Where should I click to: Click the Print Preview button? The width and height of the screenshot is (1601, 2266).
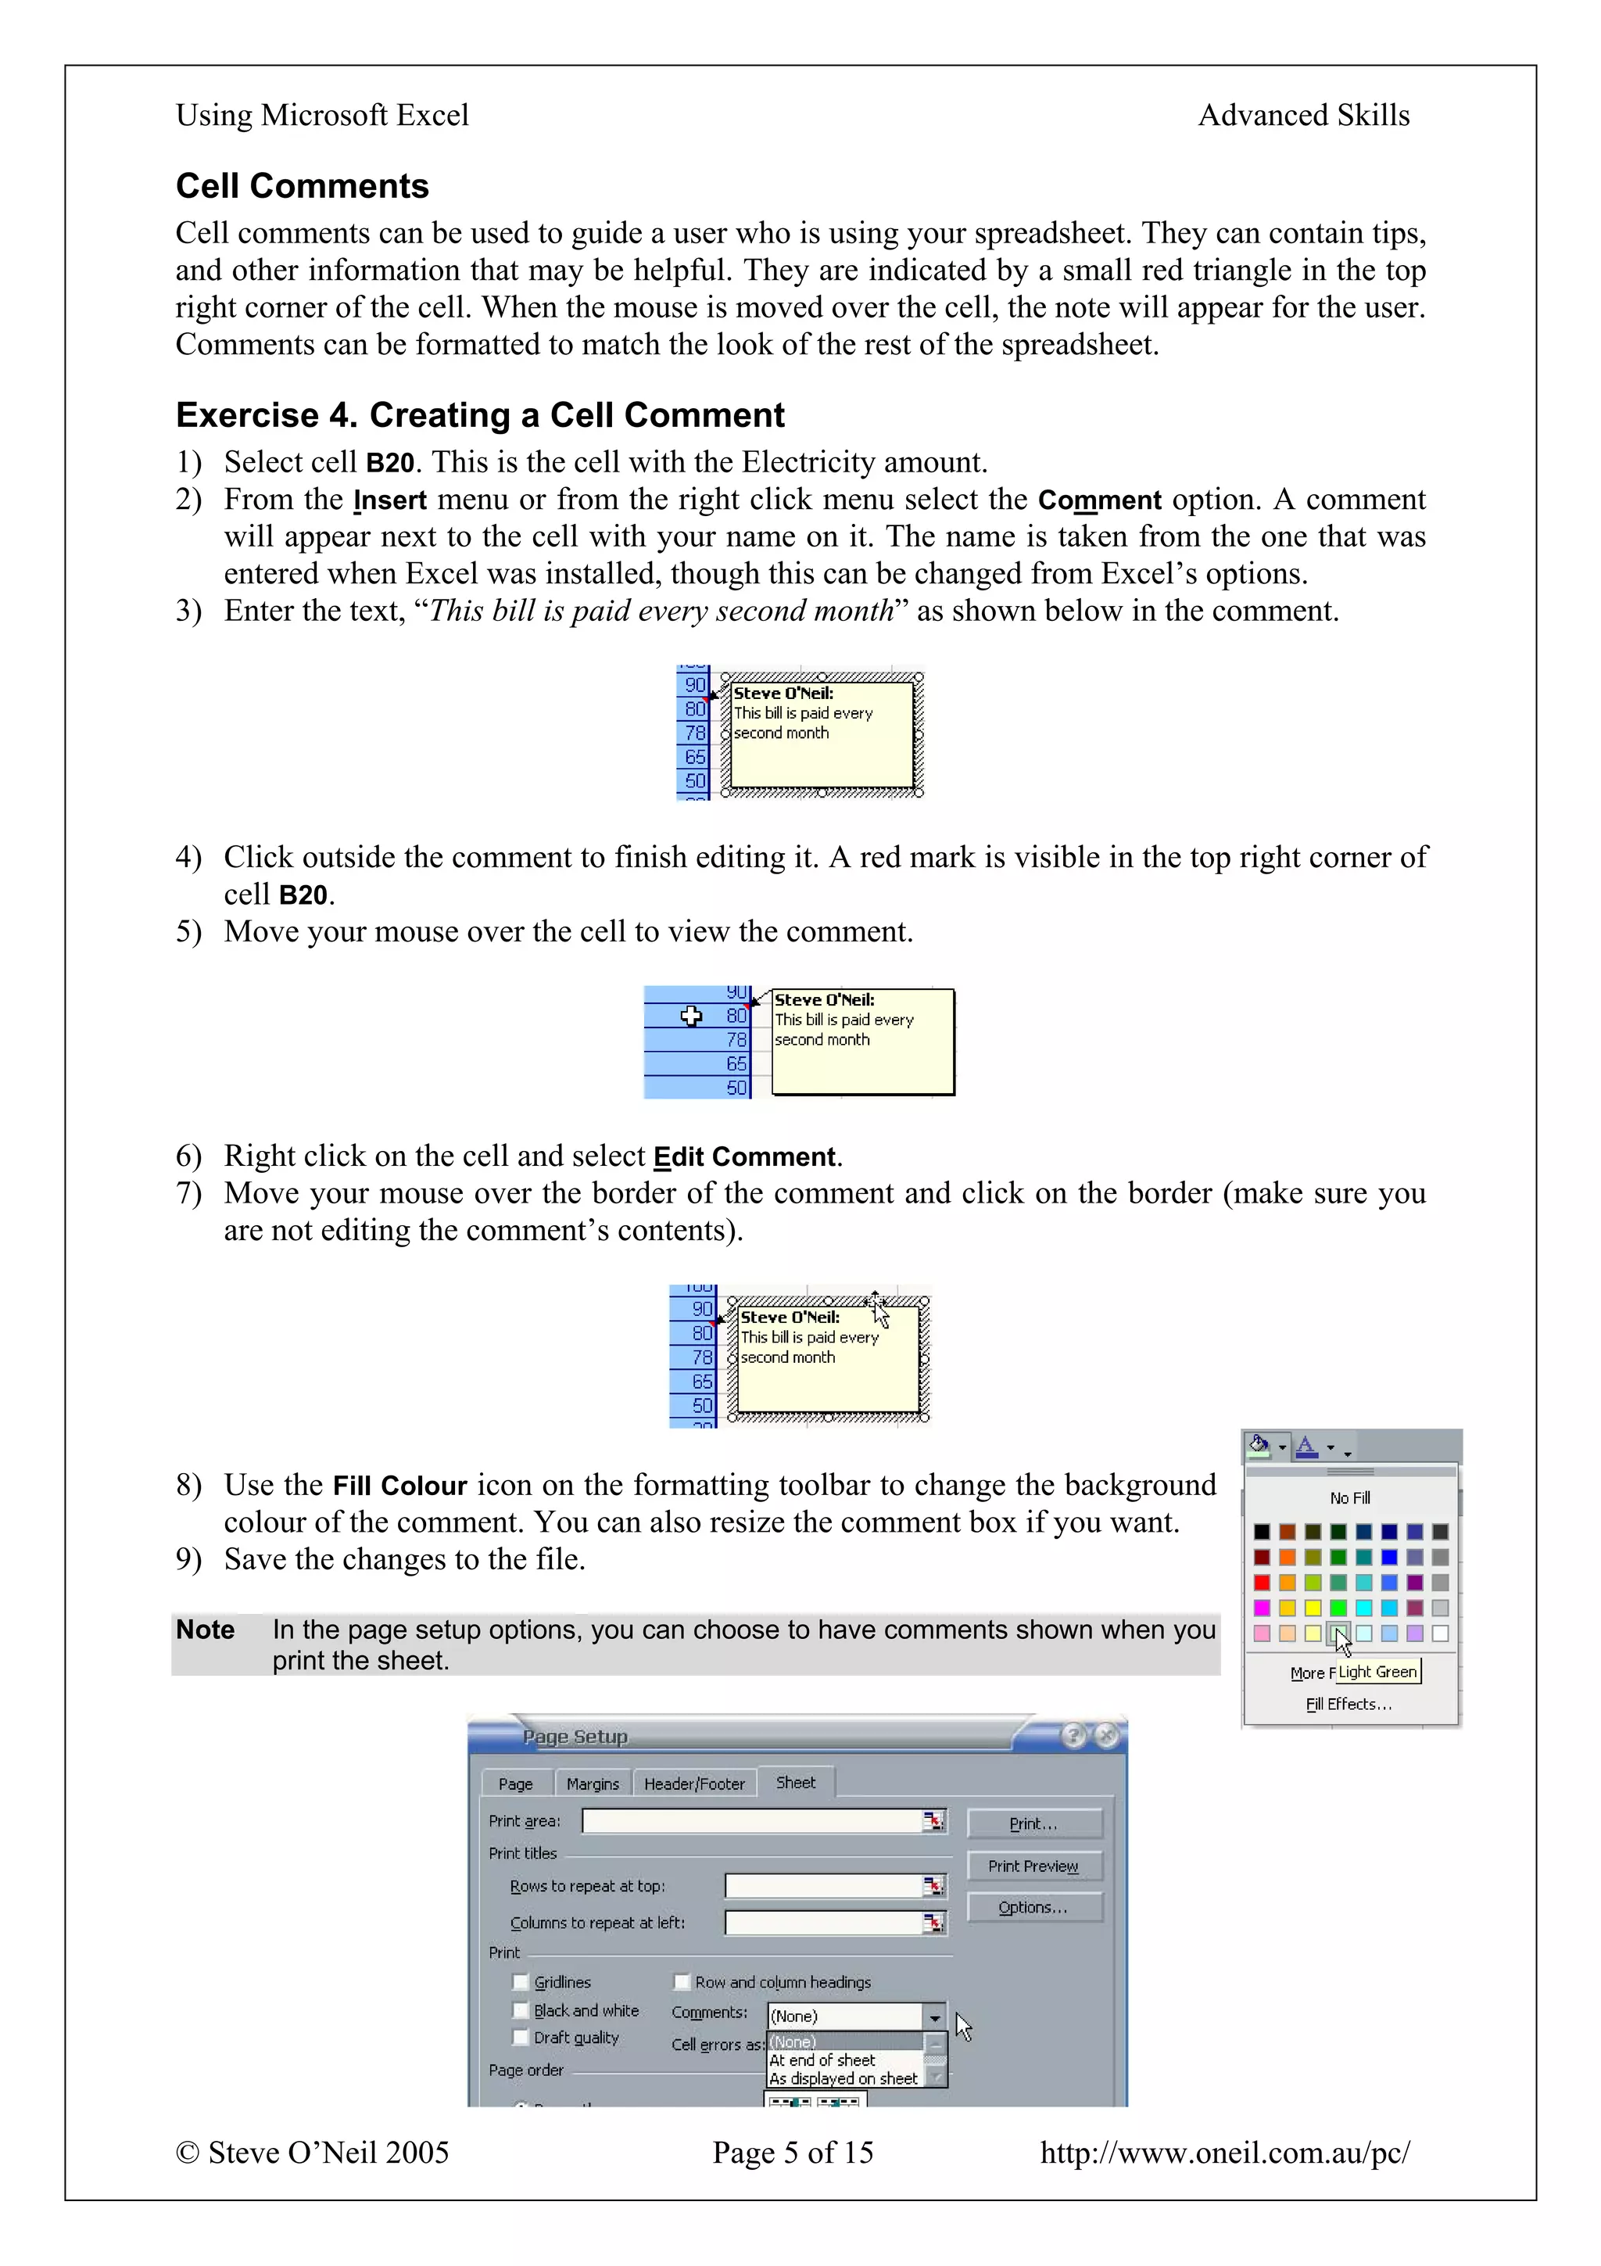(x=1033, y=1866)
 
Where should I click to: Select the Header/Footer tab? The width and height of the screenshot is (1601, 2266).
(x=694, y=1784)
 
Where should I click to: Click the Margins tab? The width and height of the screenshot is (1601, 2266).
(x=592, y=1784)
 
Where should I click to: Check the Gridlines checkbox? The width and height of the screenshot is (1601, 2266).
(x=521, y=1981)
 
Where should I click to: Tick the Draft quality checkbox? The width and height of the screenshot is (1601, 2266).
(x=521, y=2037)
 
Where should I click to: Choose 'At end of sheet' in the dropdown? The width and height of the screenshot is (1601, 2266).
(x=822, y=2060)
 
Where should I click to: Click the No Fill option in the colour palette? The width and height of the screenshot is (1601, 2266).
(x=1349, y=1498)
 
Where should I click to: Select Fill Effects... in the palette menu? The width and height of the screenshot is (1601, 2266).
(x=1348, y=1705)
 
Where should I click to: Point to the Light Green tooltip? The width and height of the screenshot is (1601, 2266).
(x=1378, y=1672)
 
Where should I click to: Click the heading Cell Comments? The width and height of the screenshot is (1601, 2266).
(x=302, y=185)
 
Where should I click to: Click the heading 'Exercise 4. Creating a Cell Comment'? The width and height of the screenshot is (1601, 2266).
(x=479, y=414)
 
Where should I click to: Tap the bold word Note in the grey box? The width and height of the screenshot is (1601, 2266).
(x=205, y=1630)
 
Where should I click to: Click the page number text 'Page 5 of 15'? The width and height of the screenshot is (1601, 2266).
(x=793, y=2153)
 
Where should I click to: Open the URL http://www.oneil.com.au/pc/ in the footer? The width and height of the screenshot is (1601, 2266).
(x=1224, y=2153)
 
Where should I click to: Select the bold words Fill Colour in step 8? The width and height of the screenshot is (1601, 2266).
(x=399, y=1486)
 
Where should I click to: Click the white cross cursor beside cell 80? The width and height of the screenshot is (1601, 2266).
(x=692, y=1016)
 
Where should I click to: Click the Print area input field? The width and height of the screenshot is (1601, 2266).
(x=752, y=1821)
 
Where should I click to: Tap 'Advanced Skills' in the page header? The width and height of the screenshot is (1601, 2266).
(x=1303, y=116)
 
